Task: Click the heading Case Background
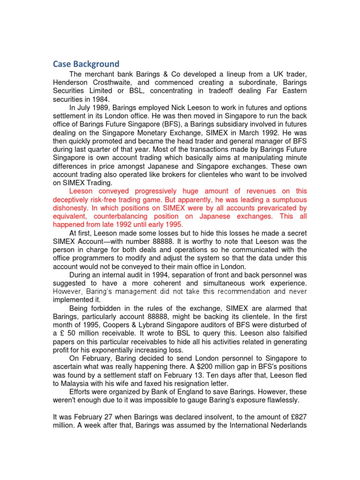tap(86, 64)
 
